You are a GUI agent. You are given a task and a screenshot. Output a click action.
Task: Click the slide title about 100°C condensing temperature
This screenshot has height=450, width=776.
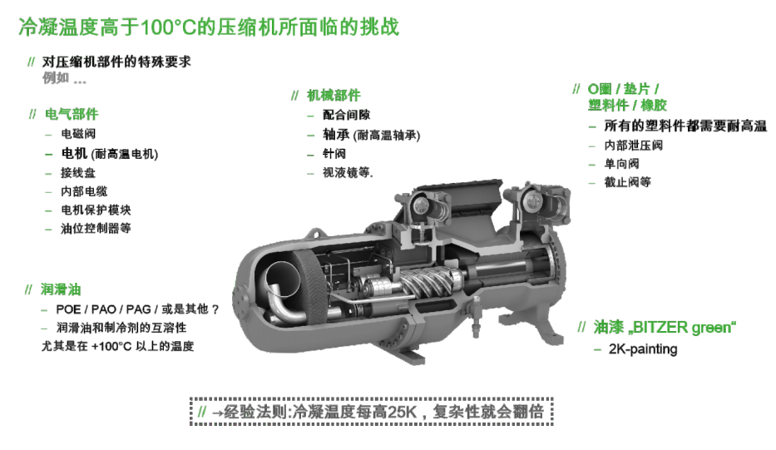click(x=209, y=27)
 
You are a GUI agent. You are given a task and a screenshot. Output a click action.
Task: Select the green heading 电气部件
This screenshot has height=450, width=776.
click(x=72, y=114)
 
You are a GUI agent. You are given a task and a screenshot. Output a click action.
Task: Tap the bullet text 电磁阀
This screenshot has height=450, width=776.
click(x=78, y=134)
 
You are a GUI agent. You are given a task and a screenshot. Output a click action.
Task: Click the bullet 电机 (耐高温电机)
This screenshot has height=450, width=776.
click(x=110, y=153)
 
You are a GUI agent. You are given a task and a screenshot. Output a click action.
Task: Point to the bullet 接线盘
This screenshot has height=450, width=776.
click(x=78, y=173)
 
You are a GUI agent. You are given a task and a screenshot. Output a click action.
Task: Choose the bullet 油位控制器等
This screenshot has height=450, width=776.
click(x=96, y=228)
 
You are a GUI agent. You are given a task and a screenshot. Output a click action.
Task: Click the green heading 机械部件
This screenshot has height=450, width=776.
click(x=334, y=95)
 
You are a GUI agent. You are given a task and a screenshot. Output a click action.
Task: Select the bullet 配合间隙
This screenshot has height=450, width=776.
click(x=347, y=115)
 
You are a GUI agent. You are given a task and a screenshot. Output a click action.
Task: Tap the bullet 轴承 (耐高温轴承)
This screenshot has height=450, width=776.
click(x=371, y=135)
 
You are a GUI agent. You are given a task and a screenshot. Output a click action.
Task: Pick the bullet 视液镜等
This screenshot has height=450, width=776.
click(x=348, y=172)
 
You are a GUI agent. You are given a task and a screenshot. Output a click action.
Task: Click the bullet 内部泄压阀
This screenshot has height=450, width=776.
click(x=633, y=145)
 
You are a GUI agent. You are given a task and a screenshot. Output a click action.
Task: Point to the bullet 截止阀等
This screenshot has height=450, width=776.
click(x=627, y=182)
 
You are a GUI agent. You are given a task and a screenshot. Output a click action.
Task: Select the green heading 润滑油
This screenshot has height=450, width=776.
click(x=61, y=289)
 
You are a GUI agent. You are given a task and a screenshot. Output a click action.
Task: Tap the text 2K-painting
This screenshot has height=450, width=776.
click(x=643, y=349)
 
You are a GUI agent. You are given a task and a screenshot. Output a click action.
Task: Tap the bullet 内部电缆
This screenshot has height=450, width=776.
click(x=84, y=191)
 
